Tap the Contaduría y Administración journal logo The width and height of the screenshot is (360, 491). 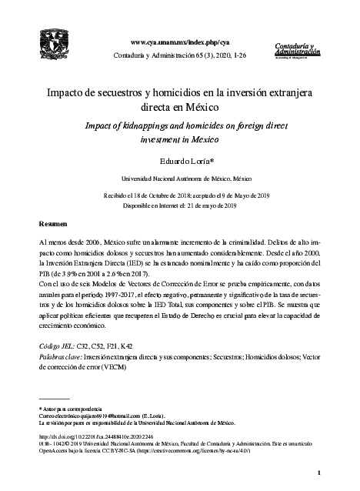pyautogui.click(x=295, y=50)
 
